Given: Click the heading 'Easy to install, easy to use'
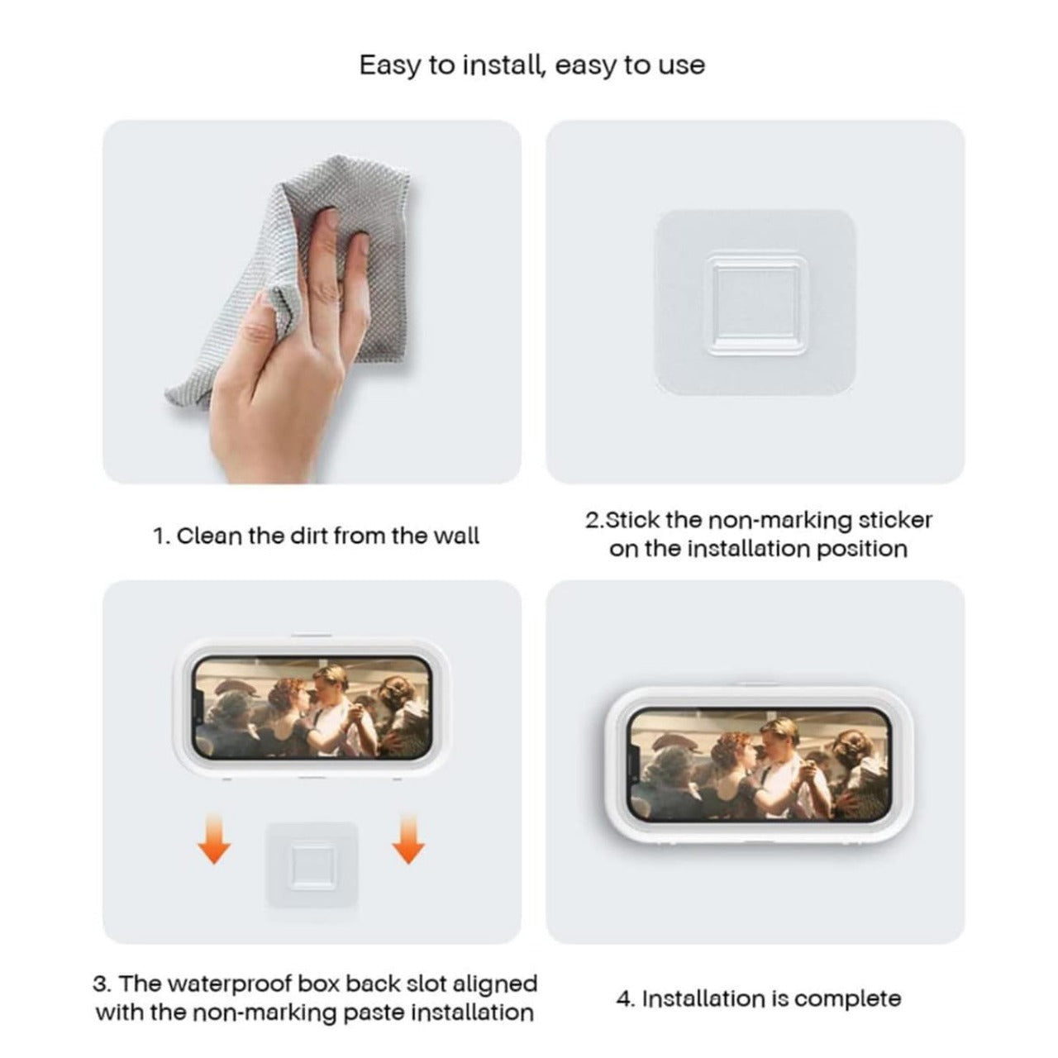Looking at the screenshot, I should (531, 65).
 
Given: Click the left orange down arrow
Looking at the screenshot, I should (215, 838).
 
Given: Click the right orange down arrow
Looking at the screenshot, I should (407, 838).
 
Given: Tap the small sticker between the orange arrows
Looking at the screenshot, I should (312, 863).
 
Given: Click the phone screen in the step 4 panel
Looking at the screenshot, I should (755, 765).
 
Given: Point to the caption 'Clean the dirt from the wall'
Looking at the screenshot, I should (316, 536).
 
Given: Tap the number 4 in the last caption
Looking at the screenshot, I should (624, 998).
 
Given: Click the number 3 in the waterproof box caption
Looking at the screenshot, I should (99, 984).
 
